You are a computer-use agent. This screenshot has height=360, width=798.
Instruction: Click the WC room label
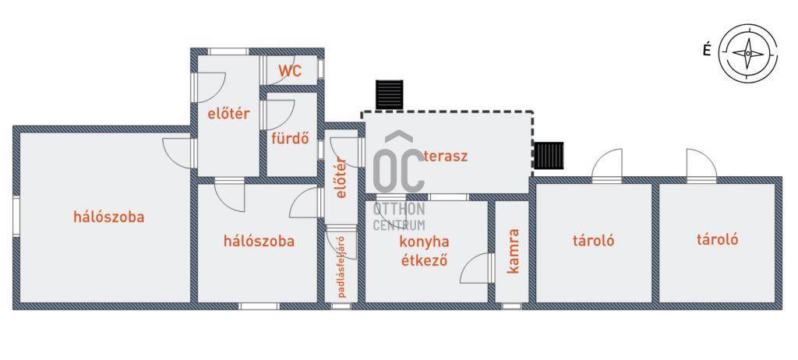point(291,71)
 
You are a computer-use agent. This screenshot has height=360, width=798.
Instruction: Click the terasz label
point(446,156)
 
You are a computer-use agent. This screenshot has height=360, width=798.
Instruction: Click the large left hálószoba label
point(109,217)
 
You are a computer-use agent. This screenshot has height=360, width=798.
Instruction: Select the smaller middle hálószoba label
point(259,241)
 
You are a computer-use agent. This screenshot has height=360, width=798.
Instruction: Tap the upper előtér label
point(228,114)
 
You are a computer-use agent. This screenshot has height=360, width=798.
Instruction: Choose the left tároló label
point(594,241)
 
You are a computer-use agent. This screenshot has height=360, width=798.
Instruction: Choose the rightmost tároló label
point(717,240)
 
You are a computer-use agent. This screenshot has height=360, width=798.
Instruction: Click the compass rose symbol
point(747,53)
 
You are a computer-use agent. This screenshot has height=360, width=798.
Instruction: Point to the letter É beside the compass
point(706,51)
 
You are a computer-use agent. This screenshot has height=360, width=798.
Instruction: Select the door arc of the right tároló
point(701,164)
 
